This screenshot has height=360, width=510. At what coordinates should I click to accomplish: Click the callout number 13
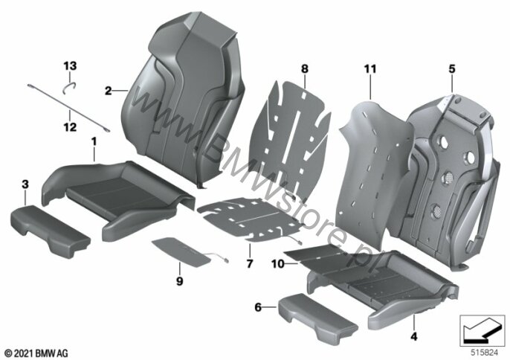[70, 65]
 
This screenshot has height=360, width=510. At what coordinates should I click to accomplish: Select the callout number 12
[70, 127]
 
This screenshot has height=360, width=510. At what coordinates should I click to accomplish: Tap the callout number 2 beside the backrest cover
[108, 91]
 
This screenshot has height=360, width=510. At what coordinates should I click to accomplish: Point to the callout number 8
[305, 68]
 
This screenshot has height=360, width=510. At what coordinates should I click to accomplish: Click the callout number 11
[370, 68]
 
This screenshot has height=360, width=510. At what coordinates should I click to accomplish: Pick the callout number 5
[452, 68]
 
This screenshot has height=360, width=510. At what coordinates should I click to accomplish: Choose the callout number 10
[278, 263]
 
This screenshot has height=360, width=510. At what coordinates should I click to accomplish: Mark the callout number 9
[180, 281]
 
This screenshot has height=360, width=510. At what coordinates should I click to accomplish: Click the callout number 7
[250, 263]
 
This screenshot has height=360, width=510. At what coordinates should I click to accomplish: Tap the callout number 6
[258, 307]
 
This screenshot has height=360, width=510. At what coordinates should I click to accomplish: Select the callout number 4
[413, 336]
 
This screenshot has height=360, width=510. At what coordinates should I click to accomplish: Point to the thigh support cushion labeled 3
[51, 231]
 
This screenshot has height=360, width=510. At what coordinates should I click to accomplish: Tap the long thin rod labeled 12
[68, 108]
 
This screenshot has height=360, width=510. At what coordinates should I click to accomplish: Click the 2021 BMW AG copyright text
[36, 353]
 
